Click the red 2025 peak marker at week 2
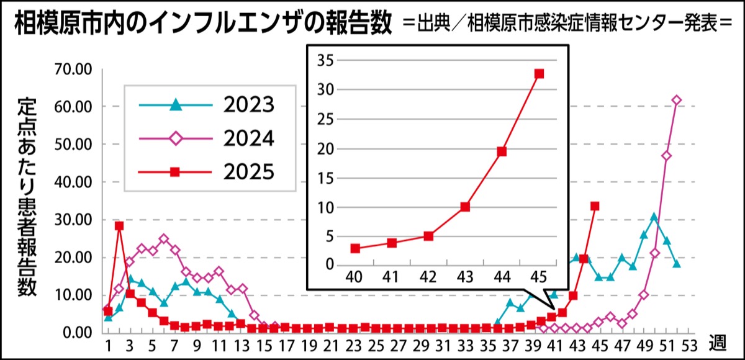tap(119, 226)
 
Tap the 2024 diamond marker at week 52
tap(677, 101)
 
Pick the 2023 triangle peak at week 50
tap(654, 217)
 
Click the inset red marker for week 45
tap(539, 73)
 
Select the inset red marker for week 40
tap(355, 248)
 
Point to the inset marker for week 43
tap(465, 207)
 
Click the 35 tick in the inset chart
tap(325, 60)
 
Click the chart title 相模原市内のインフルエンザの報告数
tap(202, 25)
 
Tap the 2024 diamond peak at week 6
tap(164, 239)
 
